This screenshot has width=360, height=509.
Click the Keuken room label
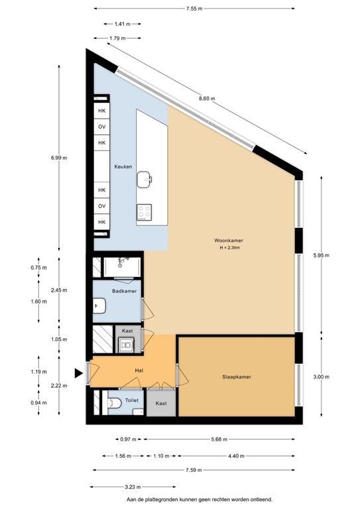click(124, 166)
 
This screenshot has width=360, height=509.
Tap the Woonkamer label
click(227, 240)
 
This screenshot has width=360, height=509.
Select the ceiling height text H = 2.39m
click(227, 248)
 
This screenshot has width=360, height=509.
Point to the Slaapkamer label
click(237, 377)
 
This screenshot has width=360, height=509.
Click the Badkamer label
click(124, 291)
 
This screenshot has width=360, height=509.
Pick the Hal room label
click(139, 372)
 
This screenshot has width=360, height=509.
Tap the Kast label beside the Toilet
click(160, 403)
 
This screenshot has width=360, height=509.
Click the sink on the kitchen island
click(145, 178)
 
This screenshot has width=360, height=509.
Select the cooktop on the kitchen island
click(145, 212)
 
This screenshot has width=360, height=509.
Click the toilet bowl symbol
click(113, 402)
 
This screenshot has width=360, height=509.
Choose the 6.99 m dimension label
click(59, 158)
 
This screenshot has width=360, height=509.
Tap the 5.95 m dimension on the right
click(320, 255)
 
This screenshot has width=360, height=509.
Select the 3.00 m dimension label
click(320, 376)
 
